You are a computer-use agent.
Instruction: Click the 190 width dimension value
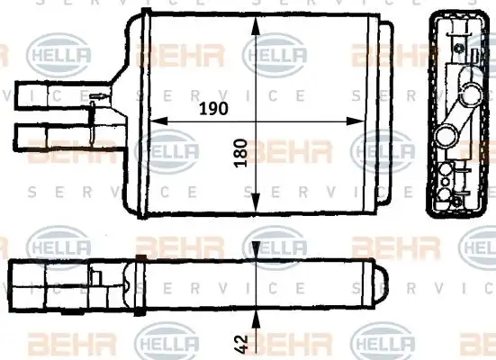[212, 107]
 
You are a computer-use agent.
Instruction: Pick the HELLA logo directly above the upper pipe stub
[60, 55]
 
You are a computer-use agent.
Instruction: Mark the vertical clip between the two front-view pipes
[92, 114]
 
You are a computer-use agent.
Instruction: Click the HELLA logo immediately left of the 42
[166, 344]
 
